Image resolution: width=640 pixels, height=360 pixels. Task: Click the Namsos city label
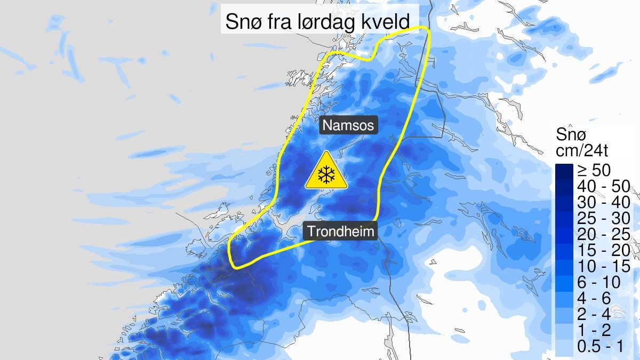pyautogui.click(x=348, y=126)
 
